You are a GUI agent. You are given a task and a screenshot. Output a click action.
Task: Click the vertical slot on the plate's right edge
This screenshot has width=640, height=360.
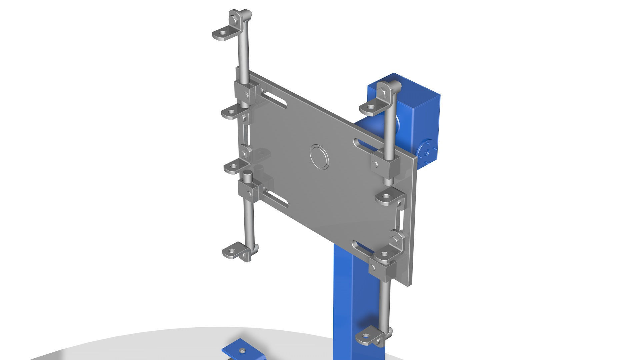coord(401,218)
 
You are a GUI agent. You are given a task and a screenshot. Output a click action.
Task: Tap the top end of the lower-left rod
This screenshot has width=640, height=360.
coord(247,174)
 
